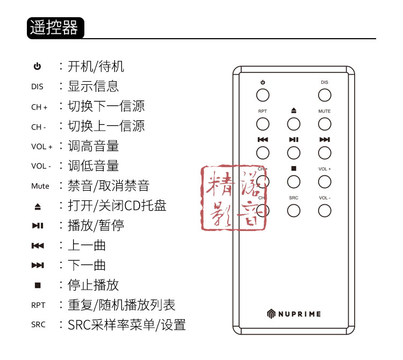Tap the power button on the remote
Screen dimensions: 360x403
click(262, 95)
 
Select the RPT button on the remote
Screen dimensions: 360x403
click(262, 124)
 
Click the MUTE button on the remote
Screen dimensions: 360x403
click(324, 124)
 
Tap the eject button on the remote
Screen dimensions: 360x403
click(293, 124)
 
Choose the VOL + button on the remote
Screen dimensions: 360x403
click(324, 182)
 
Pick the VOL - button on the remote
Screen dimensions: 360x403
click(324, 210)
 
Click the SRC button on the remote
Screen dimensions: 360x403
click(293, 210)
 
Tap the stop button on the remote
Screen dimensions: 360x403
click(293, 182)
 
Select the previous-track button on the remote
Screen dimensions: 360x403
click(262, 153)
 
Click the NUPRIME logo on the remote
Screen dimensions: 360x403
click(293, 313)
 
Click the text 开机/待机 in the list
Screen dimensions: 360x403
click(96, 67)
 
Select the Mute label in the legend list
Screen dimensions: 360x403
click(40, 186)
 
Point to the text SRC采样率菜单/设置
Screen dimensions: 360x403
click(126, 325)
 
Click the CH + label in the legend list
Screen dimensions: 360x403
click(39, 107)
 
